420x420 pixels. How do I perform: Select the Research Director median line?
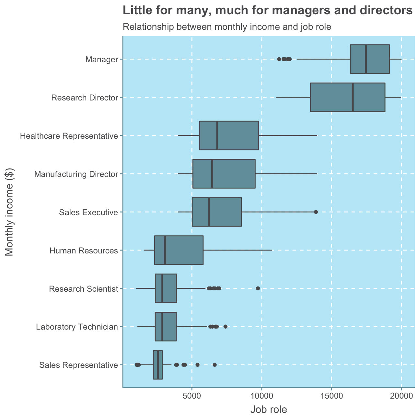(353, 97)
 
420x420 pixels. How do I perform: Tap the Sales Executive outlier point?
(316, 212)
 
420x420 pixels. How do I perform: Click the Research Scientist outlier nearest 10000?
(258, 288)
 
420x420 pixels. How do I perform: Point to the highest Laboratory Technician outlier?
(226, 326)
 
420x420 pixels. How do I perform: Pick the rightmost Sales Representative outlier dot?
(215, 365)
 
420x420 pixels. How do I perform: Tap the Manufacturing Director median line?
(212, 174)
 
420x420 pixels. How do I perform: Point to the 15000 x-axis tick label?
(332, 396)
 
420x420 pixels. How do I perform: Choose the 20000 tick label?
(402, 396)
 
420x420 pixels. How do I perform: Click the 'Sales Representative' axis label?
(78, 365)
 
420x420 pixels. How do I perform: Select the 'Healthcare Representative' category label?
(68, 136)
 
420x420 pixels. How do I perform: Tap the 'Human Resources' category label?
(83, 251)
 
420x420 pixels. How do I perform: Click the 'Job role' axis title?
(269, 410)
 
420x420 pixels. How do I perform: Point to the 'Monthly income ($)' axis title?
(10, 212)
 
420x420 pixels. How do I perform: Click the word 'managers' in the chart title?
(303, 11)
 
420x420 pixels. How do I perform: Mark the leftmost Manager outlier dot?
(279, 59)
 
